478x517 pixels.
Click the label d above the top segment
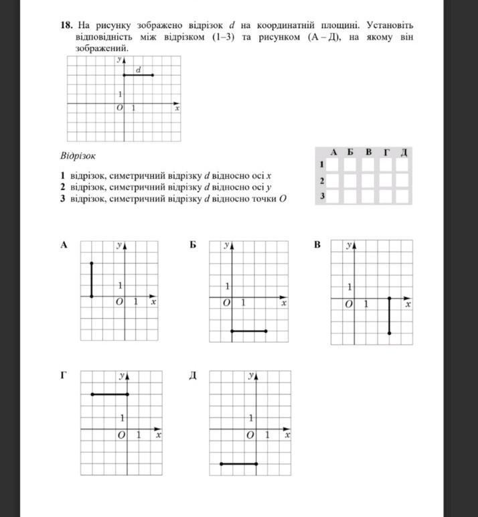click(138, 70)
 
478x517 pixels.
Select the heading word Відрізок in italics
click(78, 156)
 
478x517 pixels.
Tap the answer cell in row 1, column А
click(333, 165)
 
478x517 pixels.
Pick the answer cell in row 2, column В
click(368, 181)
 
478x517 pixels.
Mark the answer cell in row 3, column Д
click(403, 196)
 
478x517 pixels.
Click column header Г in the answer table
click(386, 152)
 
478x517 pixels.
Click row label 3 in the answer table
click(322, 196)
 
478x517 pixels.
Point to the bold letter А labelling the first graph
click(64, 245)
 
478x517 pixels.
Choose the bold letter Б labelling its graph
click(193, 245)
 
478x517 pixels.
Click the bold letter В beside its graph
click(317, 245)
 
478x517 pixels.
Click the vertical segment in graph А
click(92, 279)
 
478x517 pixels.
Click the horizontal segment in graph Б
click(249, 331)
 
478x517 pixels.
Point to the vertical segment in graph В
click(389, 315)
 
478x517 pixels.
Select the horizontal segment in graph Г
click(110, 394)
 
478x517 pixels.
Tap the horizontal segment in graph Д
click(239, 463)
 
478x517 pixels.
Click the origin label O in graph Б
click(226, 303)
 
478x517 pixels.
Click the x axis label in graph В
click(408, 305)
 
